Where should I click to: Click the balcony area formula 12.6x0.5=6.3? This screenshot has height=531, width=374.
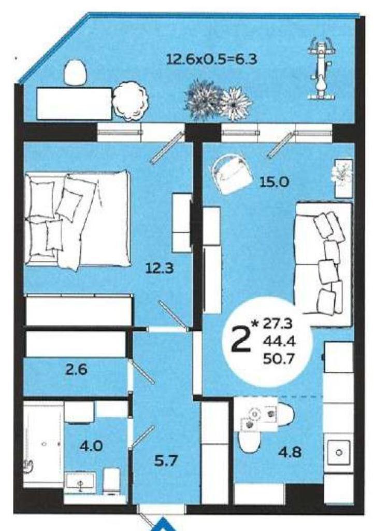(x=211, y=59)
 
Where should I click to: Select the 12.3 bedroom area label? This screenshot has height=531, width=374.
(x=159, y=268)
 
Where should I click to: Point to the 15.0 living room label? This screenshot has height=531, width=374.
(x=274, y=182)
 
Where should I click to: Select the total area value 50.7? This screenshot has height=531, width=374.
(x=279, y=357)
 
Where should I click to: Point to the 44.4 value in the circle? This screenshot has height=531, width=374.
(x=279, y=341)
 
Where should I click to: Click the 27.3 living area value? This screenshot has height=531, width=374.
(x=278, y=324)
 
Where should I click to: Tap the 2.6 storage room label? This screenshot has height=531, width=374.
(x=77, y=369)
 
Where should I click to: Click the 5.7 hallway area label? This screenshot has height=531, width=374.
(x=166, y=460)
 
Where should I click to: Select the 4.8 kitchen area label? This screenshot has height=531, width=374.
(x=290, y=452)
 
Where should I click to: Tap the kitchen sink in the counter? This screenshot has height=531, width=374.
(x=338, y=452)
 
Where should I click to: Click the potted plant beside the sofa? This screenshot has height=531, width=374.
(x=342, y=178)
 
